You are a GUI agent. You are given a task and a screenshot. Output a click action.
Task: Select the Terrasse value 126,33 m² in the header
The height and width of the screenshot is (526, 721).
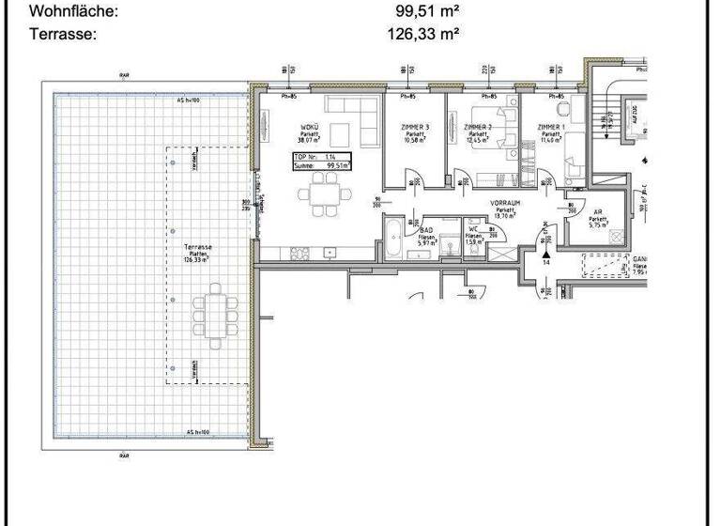pyautogui.click(x=422, y=35)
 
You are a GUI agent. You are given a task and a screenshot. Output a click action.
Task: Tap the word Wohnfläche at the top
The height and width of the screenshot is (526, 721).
pyautogui.click(x=75, y=12)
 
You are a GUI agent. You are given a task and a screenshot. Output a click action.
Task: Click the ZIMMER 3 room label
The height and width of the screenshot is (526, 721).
pyautogui.click(x=414, y=127)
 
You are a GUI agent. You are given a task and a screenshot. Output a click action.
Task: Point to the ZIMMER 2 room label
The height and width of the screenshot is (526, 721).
pyautogui.click(x=478, y=127)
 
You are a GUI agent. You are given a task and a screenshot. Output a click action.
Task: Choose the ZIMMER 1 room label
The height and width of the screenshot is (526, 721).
pyautogui.click(x=551, y=127)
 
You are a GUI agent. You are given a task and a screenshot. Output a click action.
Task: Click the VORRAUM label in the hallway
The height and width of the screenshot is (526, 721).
pyautogui.click(x=505, y=202)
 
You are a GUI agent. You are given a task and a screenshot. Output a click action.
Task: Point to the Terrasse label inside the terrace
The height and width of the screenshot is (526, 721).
pyautogui.click(x=197, y=246)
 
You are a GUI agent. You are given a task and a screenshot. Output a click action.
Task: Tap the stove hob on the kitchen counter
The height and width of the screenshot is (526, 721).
pyautogui.click(x=301, y=252)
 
